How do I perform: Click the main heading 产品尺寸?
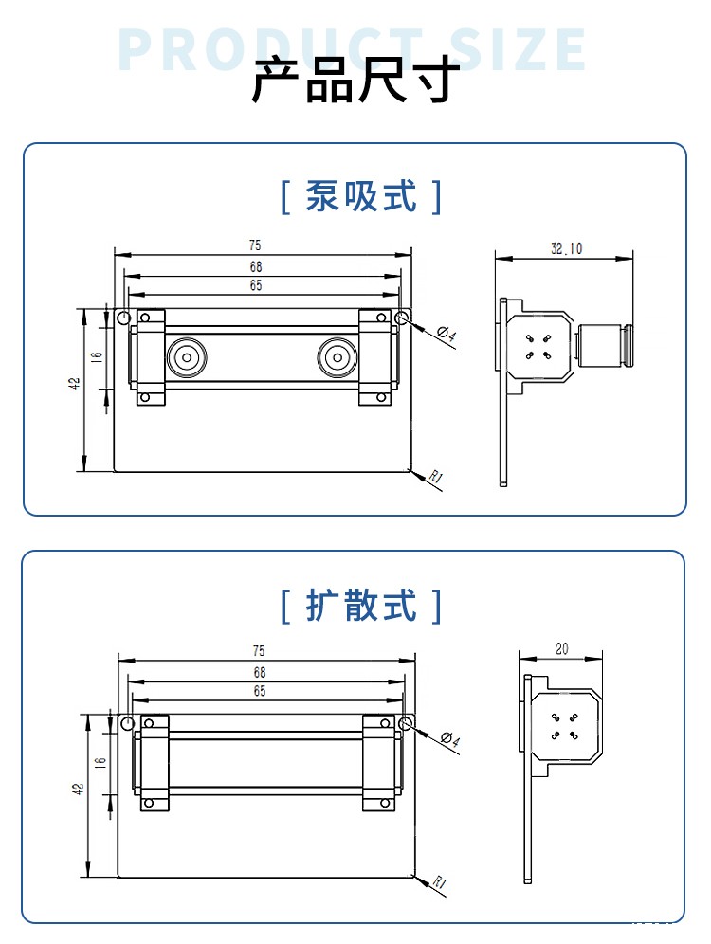[355, 81]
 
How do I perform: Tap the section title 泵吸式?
[361, 197]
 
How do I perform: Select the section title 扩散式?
[361, 605]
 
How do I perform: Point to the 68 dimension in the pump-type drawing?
[256, 267]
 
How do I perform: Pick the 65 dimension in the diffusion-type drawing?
[259, 692]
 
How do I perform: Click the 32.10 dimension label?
[567, 248]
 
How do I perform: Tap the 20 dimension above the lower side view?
[561, 649]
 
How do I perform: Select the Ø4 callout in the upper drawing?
[447, 335]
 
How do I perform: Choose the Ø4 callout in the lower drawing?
[450, 740]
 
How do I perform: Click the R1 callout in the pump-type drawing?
[436, 478]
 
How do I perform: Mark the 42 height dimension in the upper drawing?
[74, 383]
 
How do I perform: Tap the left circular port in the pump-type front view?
[186, 358]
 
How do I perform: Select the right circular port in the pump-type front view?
[337, 358]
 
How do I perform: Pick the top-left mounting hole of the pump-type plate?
[123, 318]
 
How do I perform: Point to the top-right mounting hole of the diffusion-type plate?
[407, 724]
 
